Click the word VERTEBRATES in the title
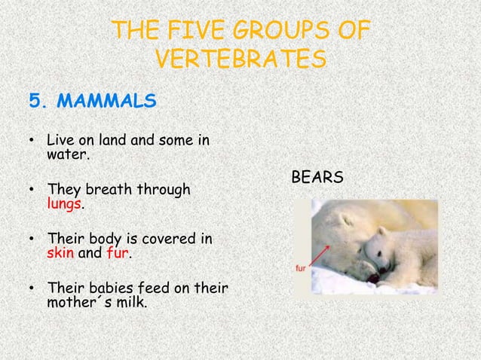click(240, 58)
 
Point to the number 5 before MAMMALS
click(34, 100)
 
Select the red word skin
click(60, 254)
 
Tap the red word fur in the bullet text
click(119, 254)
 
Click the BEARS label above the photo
click(317, 178)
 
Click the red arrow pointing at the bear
click(317, 255)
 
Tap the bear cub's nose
click(372, 278)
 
